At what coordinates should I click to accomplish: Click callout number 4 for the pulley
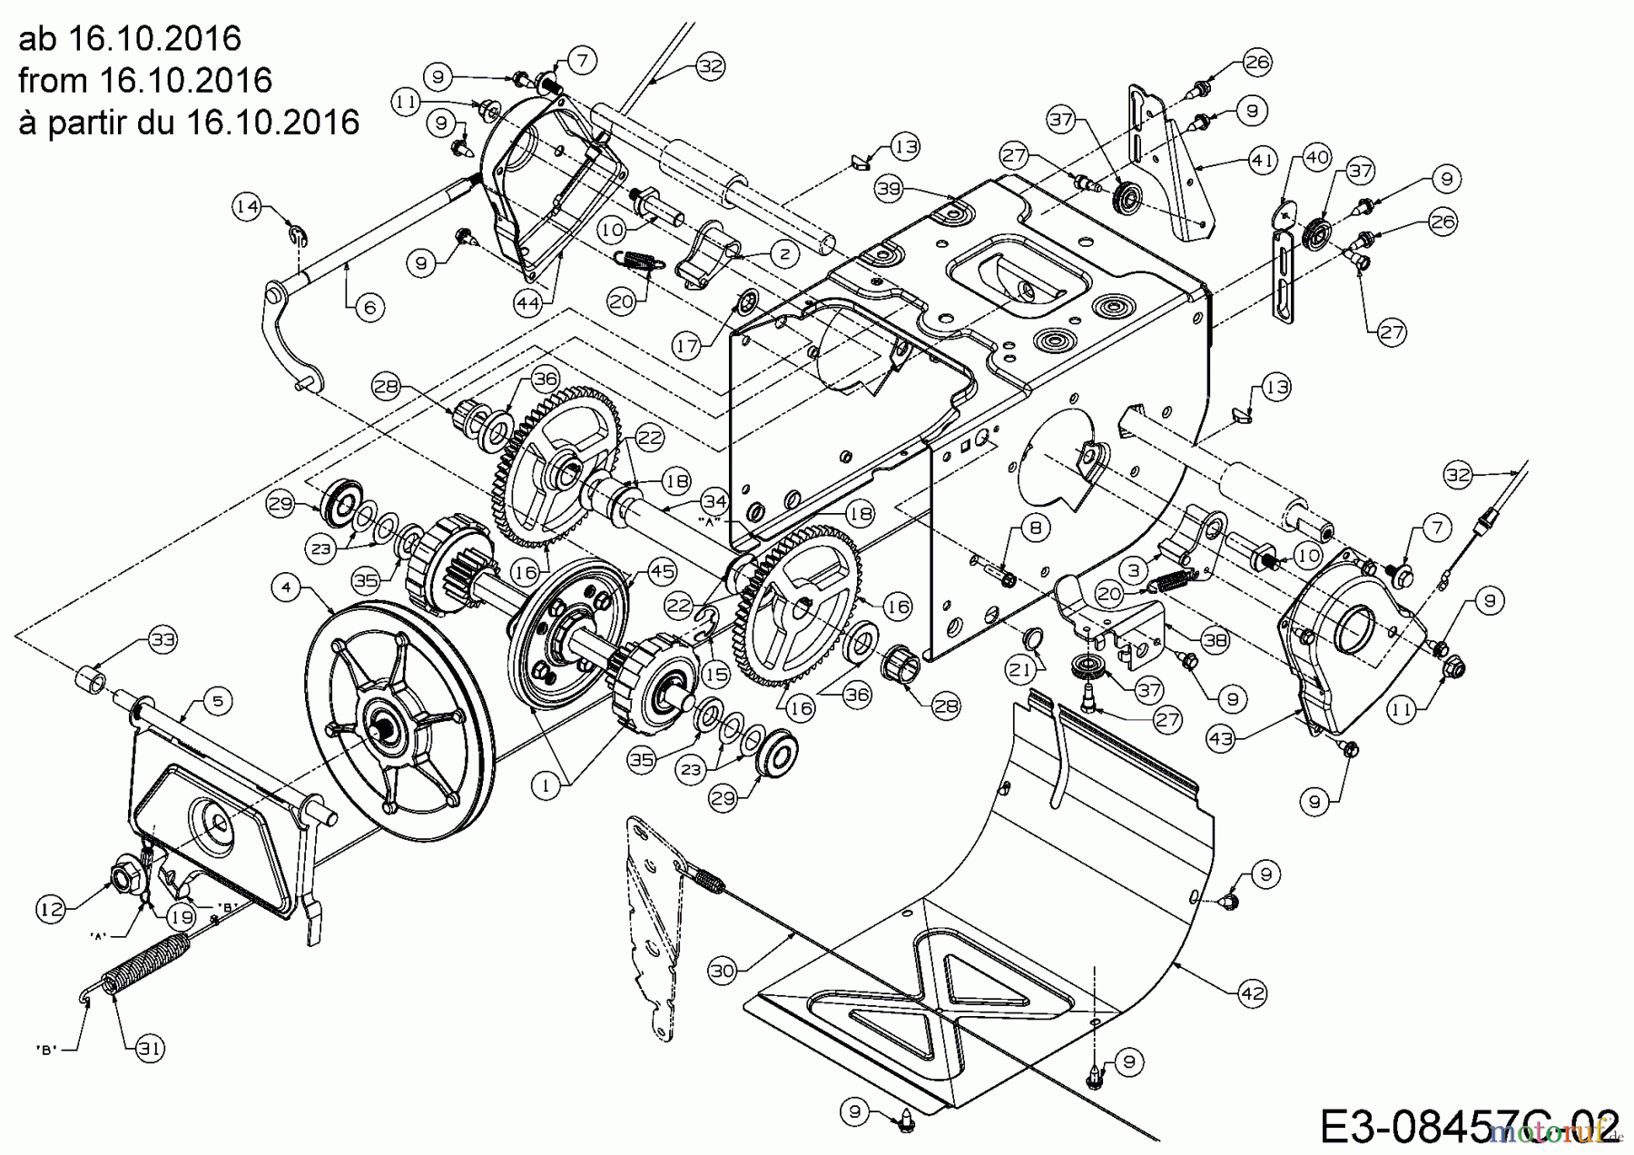point(287,587)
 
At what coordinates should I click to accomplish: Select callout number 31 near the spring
point(151,1049)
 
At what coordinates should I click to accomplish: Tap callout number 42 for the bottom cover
point(1252,993)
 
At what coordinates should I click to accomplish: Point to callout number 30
point(723,971)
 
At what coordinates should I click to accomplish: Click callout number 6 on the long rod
point(369,308)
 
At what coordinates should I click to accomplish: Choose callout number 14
point(247,206)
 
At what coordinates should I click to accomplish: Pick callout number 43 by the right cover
point(1221,739)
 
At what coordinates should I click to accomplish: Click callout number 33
point(162,640)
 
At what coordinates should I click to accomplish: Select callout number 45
point(663,570)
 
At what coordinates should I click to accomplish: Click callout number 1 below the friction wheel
point(546,787)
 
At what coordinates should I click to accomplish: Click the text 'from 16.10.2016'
point(145,80)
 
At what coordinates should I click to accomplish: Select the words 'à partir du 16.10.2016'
point(189,122)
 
